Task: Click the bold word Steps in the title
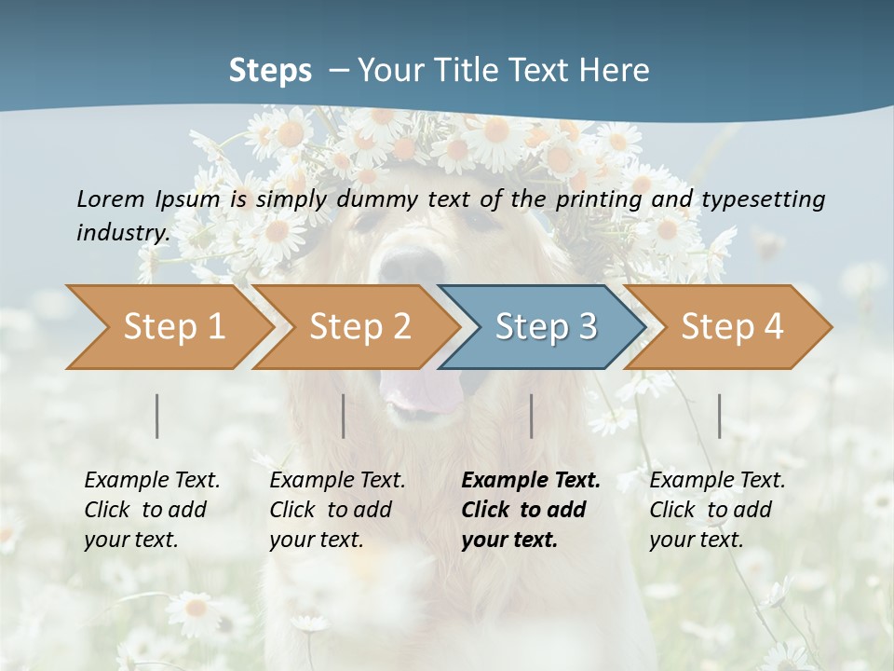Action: (x=270, y=70)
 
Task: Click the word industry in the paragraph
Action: (x=122, y=232)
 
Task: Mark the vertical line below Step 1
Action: (x=157, y=416)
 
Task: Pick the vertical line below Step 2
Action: (x=344, y=416)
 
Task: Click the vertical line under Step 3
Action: (x=532, y=416)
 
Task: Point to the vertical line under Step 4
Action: (x=720, y=416)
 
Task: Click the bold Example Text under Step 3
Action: (x=531, y=481)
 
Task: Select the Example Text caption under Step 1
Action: (x=152, y=481)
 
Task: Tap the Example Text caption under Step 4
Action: (x=717, y=481)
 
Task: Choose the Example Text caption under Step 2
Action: (x=337, y=481)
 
